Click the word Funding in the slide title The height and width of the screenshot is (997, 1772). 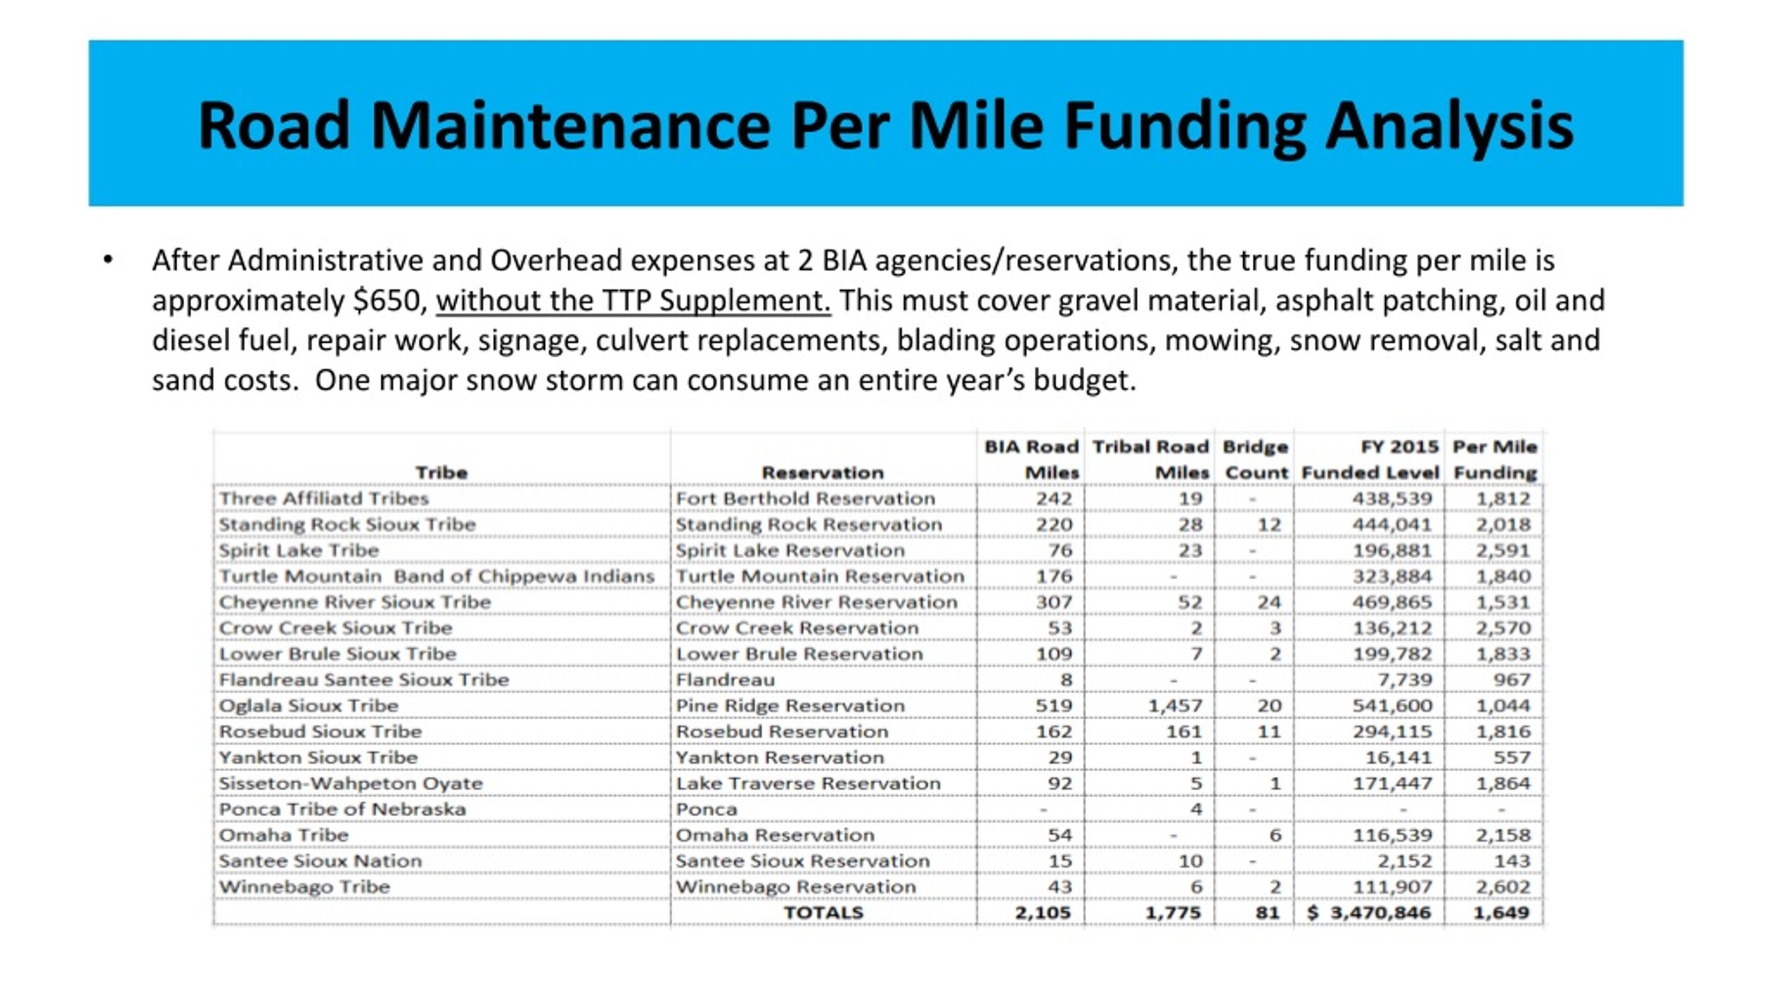1184,125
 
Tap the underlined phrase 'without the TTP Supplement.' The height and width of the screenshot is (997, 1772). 633,301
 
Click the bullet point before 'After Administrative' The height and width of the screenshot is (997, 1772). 107,261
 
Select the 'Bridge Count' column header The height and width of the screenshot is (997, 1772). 1256,460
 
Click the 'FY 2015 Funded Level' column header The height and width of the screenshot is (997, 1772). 1371,460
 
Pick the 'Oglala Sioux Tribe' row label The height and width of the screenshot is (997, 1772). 309,706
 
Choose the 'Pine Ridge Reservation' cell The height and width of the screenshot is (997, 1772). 790,706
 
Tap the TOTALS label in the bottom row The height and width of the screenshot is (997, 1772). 823,913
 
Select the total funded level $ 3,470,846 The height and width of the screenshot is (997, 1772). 1368,913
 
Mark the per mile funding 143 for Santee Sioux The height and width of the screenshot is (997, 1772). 1512,861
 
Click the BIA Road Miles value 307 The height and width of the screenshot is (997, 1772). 1054,602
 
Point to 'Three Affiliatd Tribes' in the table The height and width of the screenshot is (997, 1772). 324,498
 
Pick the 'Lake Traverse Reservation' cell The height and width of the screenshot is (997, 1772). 808,783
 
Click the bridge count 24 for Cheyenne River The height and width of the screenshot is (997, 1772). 1269,602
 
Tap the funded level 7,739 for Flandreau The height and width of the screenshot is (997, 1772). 1404,680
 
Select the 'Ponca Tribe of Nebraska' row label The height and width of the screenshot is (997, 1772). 343,809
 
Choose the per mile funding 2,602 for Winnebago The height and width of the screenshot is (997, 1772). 1503,887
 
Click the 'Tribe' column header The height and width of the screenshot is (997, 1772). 442,473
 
